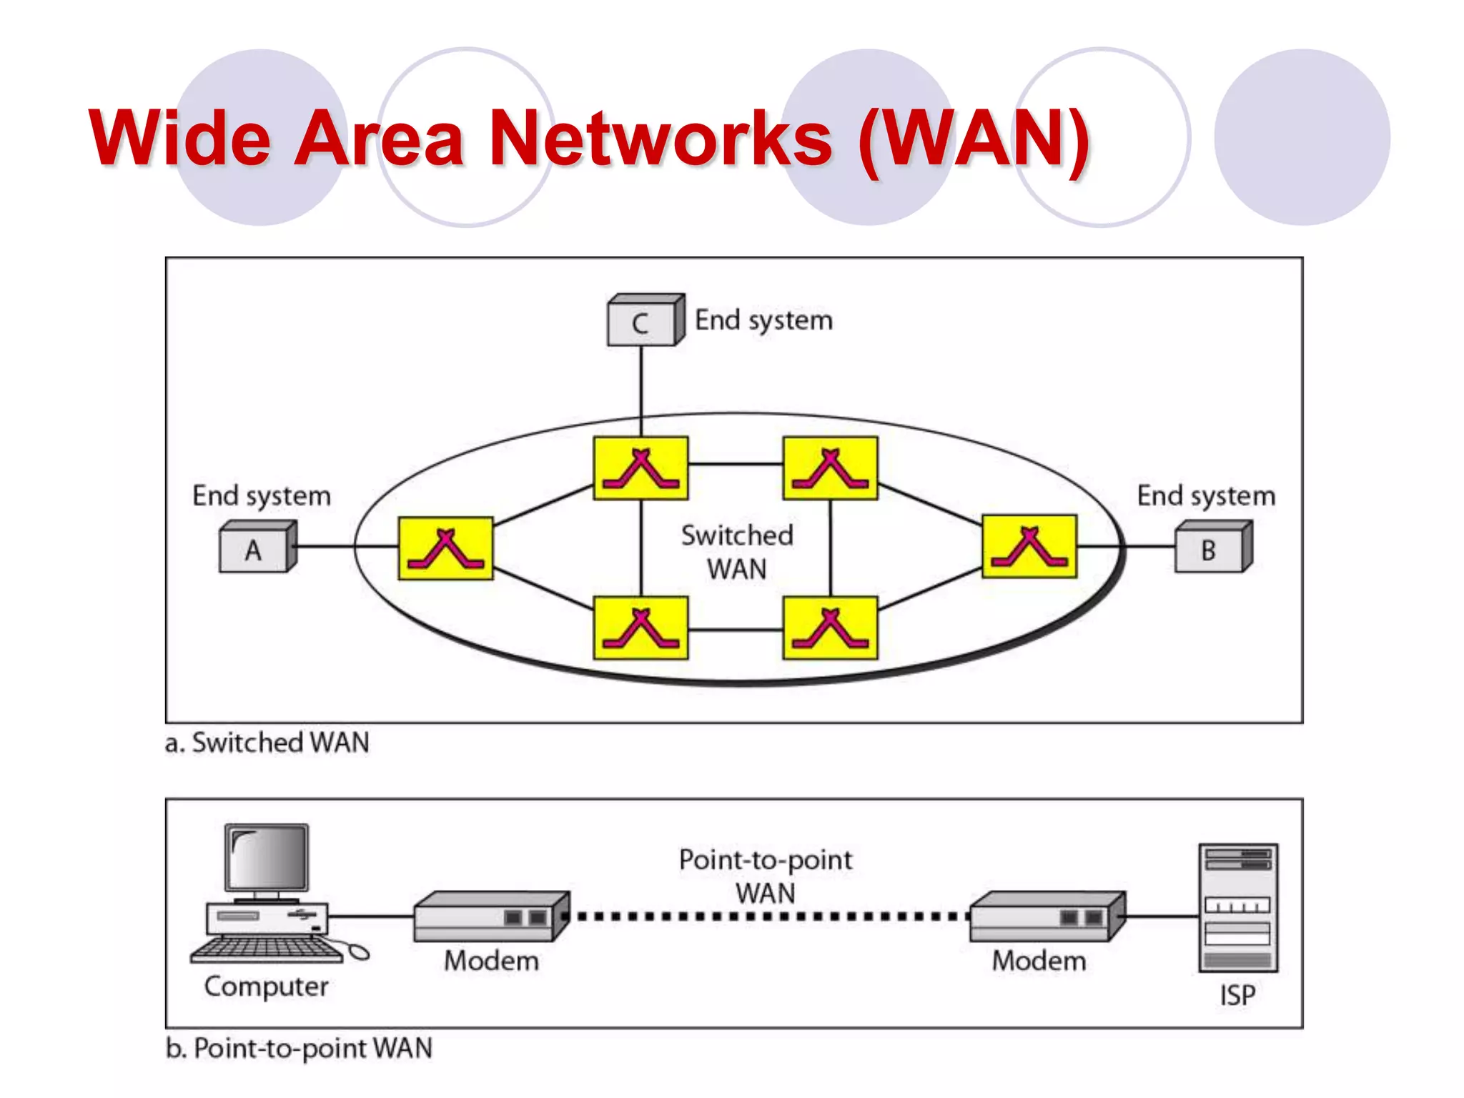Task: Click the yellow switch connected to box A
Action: (445, 548)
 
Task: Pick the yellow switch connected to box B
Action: (1029, 546)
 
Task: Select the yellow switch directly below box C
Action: (640, 468)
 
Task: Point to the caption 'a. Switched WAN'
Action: (267, 743)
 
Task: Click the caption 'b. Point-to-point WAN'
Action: (299, 1049)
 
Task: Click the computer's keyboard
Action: (266, 949)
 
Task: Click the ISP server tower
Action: (1238, 908)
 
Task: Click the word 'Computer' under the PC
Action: (266, 987)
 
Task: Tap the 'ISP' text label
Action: (1237, 996)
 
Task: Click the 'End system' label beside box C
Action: (763, 320)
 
